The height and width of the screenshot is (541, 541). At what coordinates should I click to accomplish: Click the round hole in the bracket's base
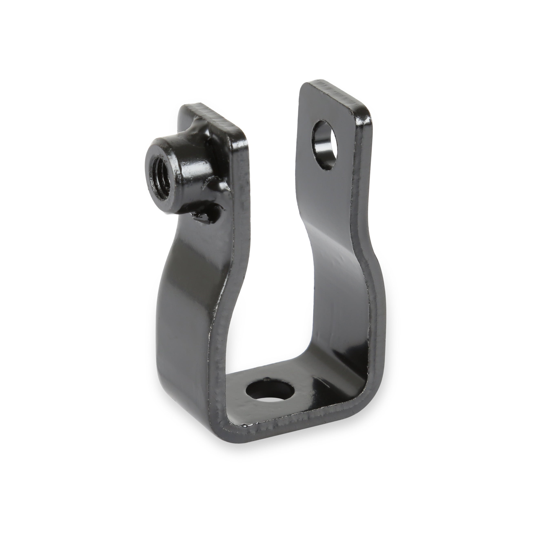click(x=269, y=391)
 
